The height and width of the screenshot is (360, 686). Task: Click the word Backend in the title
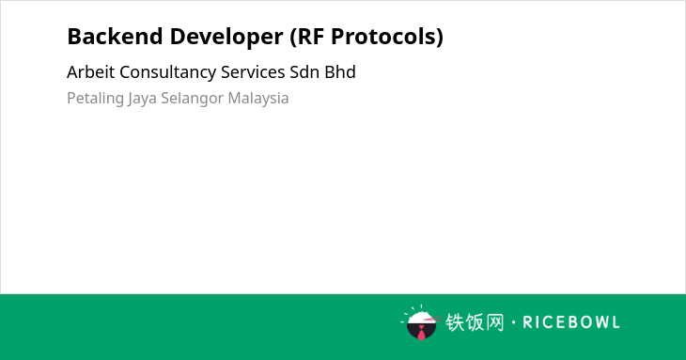[115, 37]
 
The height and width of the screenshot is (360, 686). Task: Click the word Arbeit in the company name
[91, 72]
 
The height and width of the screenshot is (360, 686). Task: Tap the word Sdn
[304, 72]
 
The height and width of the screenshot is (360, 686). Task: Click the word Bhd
[340, 72]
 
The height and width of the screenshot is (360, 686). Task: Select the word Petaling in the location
[95, 99]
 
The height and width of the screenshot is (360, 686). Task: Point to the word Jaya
[142, 99]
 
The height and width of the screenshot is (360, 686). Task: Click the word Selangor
[192, 99]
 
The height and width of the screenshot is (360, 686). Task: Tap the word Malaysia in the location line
[258, 99]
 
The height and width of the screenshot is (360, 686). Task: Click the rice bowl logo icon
[421, 322]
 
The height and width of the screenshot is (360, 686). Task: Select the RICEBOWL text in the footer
[571, 322]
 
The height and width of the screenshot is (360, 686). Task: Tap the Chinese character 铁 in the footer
[455, 322]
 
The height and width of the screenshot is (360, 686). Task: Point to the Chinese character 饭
[475, 322]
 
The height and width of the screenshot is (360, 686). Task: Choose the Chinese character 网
[494, 322]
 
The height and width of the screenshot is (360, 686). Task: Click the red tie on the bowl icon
[421, 333]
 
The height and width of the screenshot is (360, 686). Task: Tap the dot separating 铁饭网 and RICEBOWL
[514, 322]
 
